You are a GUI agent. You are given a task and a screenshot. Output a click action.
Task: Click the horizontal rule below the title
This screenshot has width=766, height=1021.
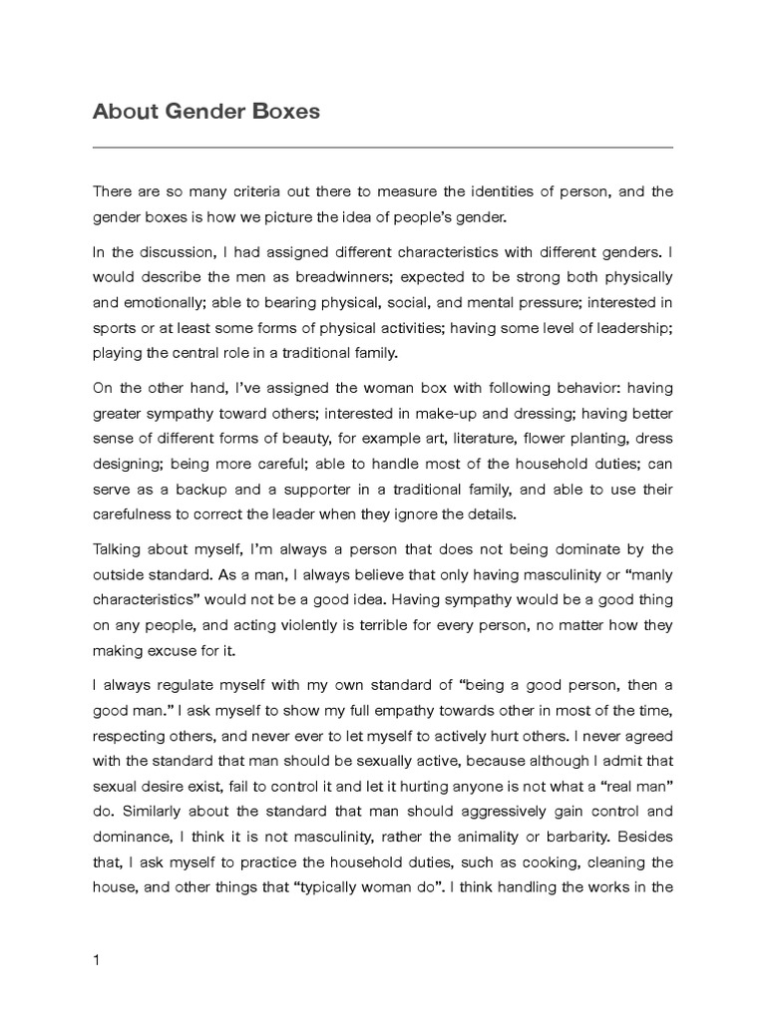pos(383,148)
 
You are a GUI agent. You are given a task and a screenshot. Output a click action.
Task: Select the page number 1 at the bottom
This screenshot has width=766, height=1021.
pos(97,933)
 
